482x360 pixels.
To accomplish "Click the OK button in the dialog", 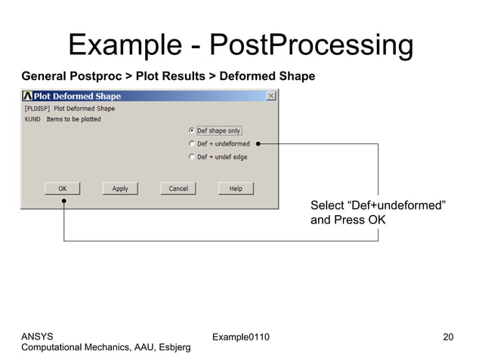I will pos(63,188).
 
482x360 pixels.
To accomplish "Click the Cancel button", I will pos(178,188).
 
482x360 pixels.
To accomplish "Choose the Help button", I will pos(236,188).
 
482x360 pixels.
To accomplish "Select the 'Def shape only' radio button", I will pos(192,131).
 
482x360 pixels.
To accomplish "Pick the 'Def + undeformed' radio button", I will pos(192,143).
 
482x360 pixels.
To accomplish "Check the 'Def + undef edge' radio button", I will pos(192,157).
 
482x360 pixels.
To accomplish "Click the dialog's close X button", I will pos(270,97).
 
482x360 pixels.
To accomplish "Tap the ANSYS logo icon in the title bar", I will pos(28,97).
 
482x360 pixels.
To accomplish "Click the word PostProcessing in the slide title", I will pos(310,45).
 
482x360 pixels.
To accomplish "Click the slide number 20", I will pos(448,336).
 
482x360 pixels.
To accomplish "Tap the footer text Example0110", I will pos(241,336).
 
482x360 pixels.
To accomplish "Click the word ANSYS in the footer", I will pos(38,336).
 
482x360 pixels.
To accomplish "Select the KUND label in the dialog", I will pos(32,119).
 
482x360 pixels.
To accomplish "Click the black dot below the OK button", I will pos(64,202).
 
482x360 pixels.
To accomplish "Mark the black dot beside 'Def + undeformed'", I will pos(258,143).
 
